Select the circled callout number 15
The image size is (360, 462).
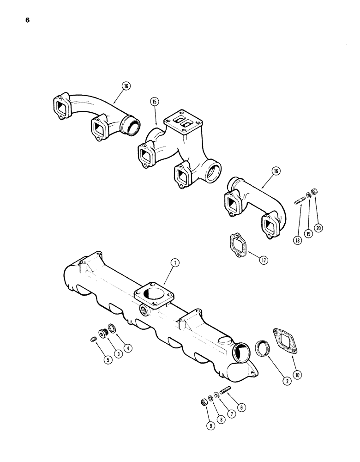(x=154, y=101)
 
